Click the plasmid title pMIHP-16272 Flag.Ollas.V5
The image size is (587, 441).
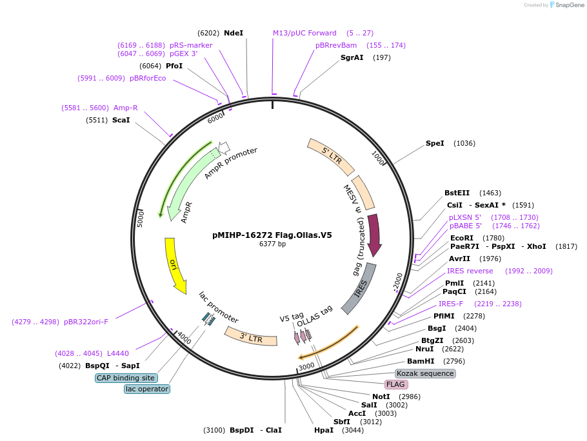(x=272, y=235)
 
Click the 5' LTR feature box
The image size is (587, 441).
(x=330, y=156)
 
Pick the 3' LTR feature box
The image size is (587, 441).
(x=250, y=335)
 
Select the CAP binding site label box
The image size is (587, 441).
(x=126, y=378)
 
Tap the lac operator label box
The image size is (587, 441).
(x=147, y=389)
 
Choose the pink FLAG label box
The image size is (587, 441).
(x=395, y=384)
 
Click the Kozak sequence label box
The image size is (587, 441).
(x=425, y=373)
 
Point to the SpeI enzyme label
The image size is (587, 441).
(x=435, y=143)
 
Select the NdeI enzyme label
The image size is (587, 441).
(x=234, y=33)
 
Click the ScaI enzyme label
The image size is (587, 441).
(x=121, y=120)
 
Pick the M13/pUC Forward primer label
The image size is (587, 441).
(x=304, y=33)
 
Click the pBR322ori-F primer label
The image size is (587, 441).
(x=86, y=321)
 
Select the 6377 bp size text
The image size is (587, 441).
(x=272, y=244)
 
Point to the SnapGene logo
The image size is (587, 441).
(x=566, y=5)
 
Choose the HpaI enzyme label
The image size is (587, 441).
(x=324, y=430)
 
